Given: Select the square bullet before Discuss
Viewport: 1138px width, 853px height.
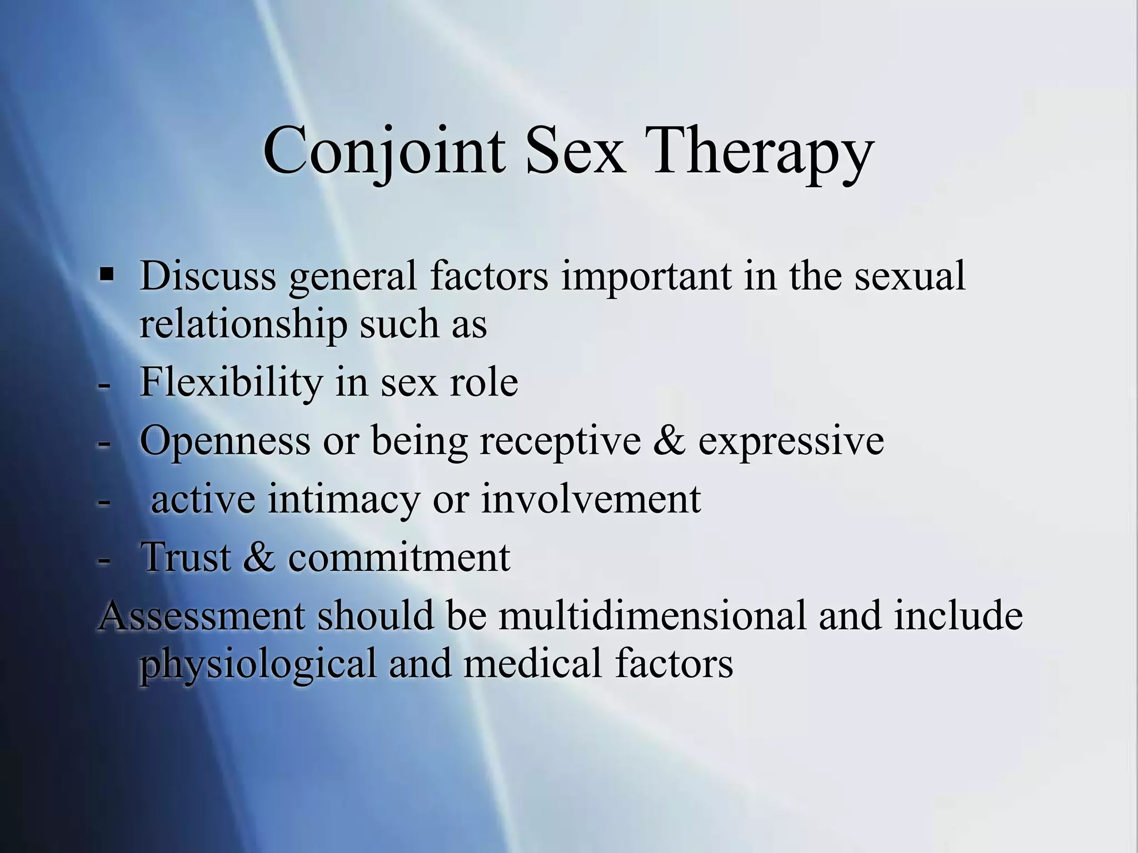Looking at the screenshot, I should coord(106,274).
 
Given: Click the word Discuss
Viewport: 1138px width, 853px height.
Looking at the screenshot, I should coord(208,276).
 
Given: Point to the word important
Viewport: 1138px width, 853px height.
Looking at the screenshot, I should coord(646,276).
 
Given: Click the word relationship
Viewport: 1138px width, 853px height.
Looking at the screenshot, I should coord(243,324).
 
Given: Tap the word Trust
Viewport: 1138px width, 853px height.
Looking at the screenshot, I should coord(186,558).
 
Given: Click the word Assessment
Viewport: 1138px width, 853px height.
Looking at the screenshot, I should coord(202,616).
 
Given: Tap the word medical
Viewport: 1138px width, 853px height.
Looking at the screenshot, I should coord(532,664).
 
